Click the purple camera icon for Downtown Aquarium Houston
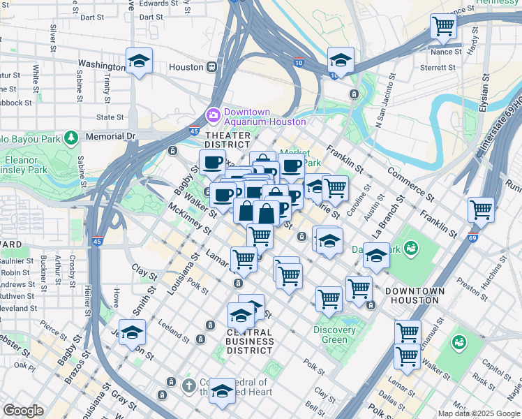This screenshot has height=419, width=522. coord(212,115)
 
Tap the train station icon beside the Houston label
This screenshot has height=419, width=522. coord(210,67)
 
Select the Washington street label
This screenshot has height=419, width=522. coord(101,64)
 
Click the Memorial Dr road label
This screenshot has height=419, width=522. coord(110,137)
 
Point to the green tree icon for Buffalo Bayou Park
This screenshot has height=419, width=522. coord(70,138)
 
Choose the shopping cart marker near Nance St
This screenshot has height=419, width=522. coord(443,27)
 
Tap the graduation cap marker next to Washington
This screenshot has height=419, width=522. coord(139,61)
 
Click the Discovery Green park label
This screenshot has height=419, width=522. coord(334,335)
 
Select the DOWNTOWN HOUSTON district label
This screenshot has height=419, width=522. coord(415,295)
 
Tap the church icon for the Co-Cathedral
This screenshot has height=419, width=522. coord(188,385)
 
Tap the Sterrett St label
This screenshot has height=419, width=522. coord(438,68)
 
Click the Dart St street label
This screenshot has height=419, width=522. coord(96,17)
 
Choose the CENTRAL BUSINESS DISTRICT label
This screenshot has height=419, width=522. coord(249,341)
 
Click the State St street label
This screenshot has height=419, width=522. coord(110,117)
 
